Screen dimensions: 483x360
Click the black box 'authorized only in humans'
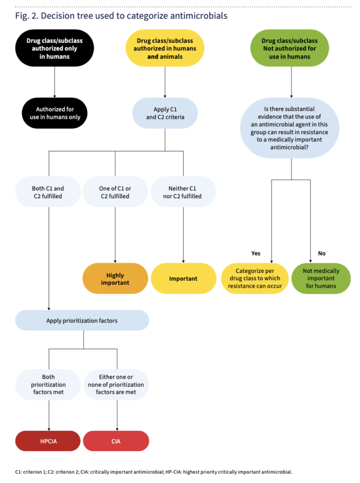(x=55, y=48)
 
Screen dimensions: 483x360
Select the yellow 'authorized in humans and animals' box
(x=165, y=48)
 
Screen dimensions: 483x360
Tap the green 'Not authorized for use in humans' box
(x=289, y=48)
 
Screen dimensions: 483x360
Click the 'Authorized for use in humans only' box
(x=55, y=113)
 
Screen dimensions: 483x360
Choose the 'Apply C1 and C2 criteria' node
(x=165, y=113)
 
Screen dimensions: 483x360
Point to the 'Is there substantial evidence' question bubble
(x=289, y=129)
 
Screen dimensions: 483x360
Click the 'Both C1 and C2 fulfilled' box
(x=48, y=192)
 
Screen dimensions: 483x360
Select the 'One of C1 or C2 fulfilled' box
(x=115, y=192)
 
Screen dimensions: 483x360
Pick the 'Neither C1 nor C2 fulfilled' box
(x=183, y=192)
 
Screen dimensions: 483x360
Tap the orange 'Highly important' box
(x=115, y=279)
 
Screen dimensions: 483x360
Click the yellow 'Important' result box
(x=183, y=279)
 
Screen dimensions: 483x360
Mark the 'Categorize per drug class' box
(x=255, y=279)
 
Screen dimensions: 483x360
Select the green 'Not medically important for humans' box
(x=321, y=279)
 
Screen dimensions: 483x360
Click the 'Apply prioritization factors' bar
(x=82, y=320)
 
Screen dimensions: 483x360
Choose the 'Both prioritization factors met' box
(x=48, y=385)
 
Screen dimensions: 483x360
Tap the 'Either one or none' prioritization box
(x=116, y=385)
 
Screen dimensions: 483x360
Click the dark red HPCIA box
(x=48, y=441)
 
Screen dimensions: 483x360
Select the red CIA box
(x=116, y=441)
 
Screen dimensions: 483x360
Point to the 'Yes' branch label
(x=256, y=254)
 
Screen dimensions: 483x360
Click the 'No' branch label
(x=322, y=254)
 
